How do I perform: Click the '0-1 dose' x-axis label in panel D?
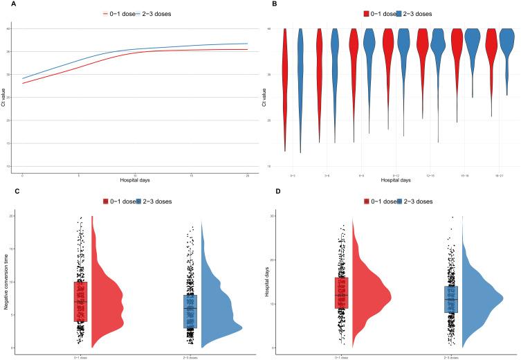(342, 355)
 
